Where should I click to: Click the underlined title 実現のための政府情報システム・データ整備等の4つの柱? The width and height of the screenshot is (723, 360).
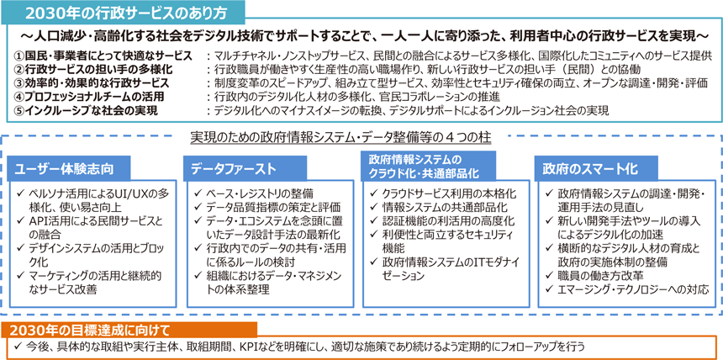(x=340, y=138)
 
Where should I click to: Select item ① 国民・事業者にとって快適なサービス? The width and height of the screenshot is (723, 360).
(x=103, y=56)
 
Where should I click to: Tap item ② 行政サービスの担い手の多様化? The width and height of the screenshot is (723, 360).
(x=93, y=70)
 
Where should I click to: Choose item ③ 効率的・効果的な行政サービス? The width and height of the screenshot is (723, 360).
(x=92, y=83)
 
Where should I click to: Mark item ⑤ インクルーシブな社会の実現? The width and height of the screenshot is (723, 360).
(x=86, y=110)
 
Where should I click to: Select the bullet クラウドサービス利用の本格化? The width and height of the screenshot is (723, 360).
(x=443, y=193)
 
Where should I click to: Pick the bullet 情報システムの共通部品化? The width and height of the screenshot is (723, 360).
(x=439, y=206)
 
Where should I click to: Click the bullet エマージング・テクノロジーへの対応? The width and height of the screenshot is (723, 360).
(x=626, y=289)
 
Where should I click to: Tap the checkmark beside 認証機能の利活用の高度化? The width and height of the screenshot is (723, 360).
(x=374, y=220)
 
